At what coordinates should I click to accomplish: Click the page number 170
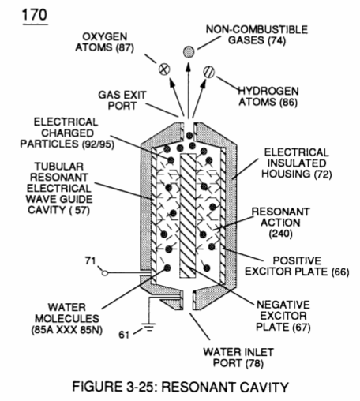pyautogui.click(x=35, y=15)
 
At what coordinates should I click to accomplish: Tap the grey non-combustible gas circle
pyautogui.click(x=189, y=51)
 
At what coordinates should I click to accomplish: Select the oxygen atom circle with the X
pyautogui.click(x=164, y=69)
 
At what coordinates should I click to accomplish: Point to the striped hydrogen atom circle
pyautogui.click(x=209, y=72)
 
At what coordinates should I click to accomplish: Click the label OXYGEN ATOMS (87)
pyautogui.click(x=105, y=42)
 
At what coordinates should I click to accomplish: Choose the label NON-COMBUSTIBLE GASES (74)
pyautogui.click(x=257, y=35)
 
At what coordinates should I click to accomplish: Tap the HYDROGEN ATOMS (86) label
pyautogui.click(x=268, y=96)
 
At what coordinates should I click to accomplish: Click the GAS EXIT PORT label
pyautogui.click(x=122, y=100)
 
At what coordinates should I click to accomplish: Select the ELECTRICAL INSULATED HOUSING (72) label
pyautogui.click(x=297, y=163)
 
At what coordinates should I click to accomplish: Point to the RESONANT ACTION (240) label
pyautogui.click(x=280, y=223)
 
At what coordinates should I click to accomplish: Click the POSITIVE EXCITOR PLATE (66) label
pyautogui.click(x=297, y=266)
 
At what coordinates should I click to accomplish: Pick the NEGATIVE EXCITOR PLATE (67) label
pyautogui.click(x=283, y=316)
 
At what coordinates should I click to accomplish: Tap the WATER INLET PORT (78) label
pyautogui.click(x=238, y=358)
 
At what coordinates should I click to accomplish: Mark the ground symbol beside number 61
pyautogui.click(x=149, y=327)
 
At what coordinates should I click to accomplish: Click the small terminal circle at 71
pyautogui.click(x=105, y=273)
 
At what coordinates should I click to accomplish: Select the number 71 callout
pyautogui.click(x=90, y=260)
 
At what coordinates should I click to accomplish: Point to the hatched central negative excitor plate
pyautogui.click(x=188, y=215)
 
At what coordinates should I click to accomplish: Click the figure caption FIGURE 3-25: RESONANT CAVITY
pyautogui.click(x=180, y=387)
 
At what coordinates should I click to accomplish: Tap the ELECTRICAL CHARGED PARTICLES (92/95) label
pyautogui.click(x=67, y=133)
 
